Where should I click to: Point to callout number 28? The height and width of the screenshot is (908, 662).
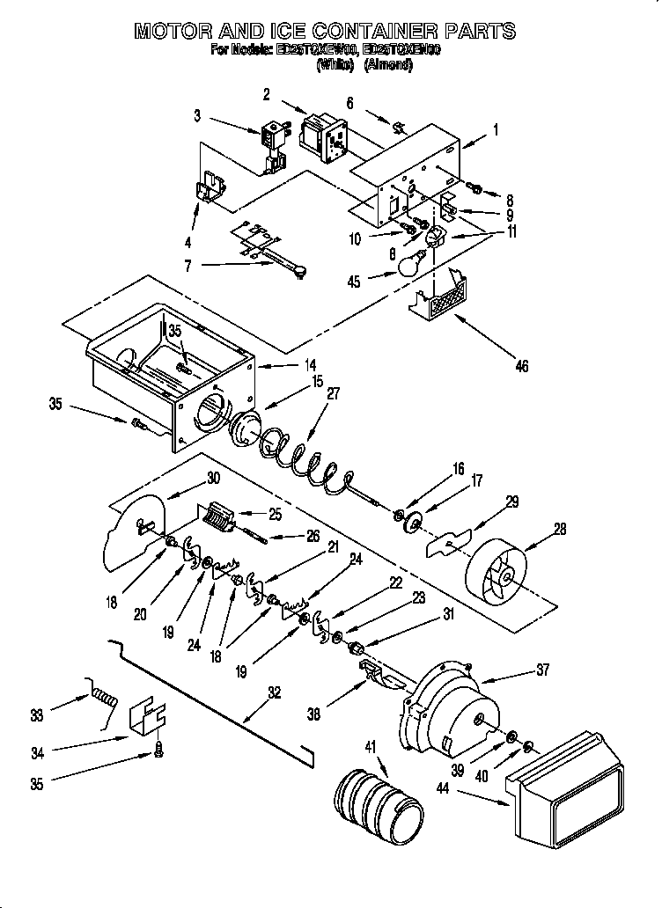click(560, 530)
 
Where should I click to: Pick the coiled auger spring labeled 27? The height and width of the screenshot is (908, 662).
click(308, 457)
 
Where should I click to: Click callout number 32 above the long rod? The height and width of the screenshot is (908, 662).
click(274, 692)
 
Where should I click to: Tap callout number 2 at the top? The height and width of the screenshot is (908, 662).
click(266, 95)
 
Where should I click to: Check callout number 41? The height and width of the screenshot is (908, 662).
click(371, 747)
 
